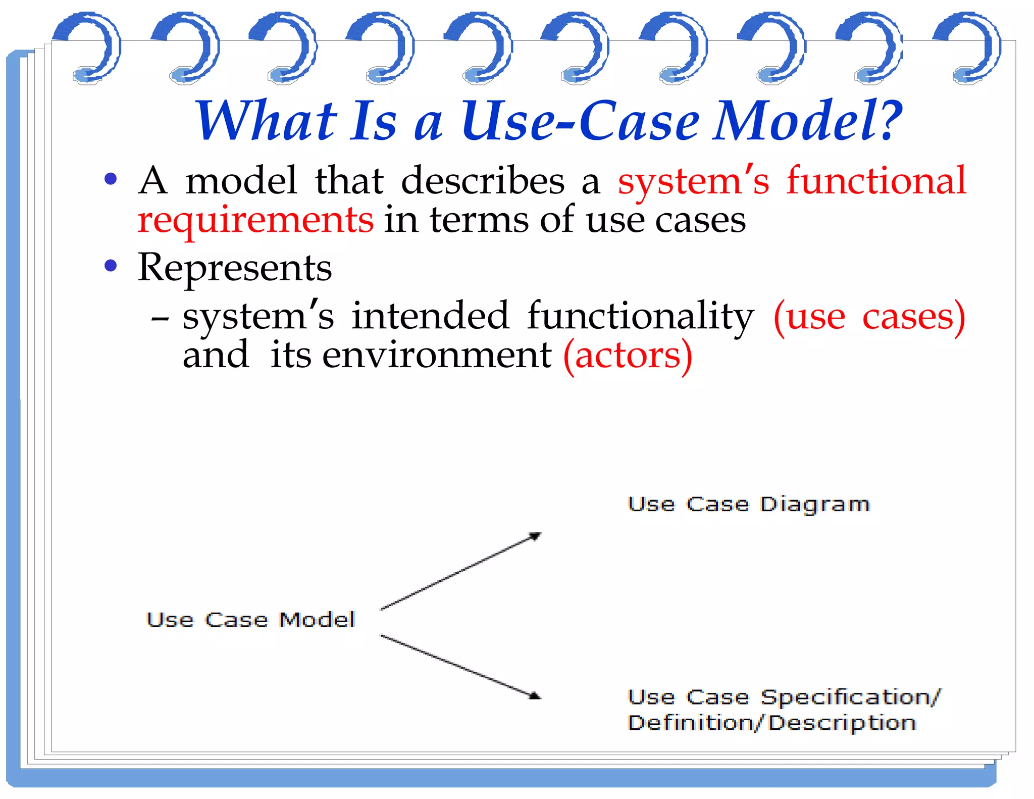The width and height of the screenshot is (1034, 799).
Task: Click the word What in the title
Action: pos(266,121)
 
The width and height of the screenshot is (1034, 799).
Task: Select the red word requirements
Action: pos(255,221)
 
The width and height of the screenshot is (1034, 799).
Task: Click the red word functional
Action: pos(876,181)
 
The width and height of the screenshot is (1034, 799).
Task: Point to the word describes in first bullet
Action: pos(483,181)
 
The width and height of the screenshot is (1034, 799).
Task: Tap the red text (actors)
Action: pos(628,356)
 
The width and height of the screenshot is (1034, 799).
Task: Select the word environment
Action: pos(437,356)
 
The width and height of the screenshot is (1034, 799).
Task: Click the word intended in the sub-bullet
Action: pos(430,316)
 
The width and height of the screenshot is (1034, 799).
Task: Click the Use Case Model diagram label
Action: pos(250,620)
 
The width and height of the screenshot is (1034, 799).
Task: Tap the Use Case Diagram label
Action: pos(748,505)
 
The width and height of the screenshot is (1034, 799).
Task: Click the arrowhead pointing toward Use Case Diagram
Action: pos(535,536)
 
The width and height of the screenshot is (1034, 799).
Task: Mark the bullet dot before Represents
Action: pos(111,266)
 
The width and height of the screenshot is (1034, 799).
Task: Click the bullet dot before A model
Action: pos(111,179)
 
